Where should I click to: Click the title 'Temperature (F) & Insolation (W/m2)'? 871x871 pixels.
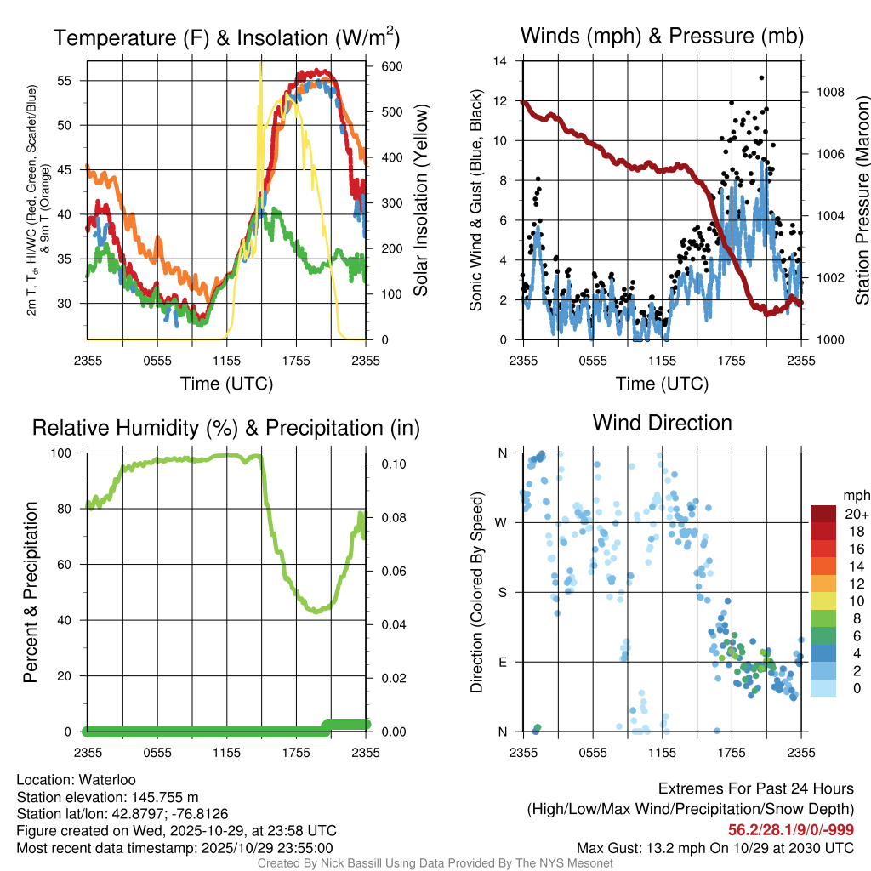tap(226, 37)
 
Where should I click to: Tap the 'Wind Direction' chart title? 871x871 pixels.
tap(662, 422)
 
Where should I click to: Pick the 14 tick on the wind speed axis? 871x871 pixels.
tap(502, 61)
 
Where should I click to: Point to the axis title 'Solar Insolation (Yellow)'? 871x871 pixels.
tap(419, 201)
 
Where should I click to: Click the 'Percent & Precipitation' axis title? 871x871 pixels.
tap(31, 592)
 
